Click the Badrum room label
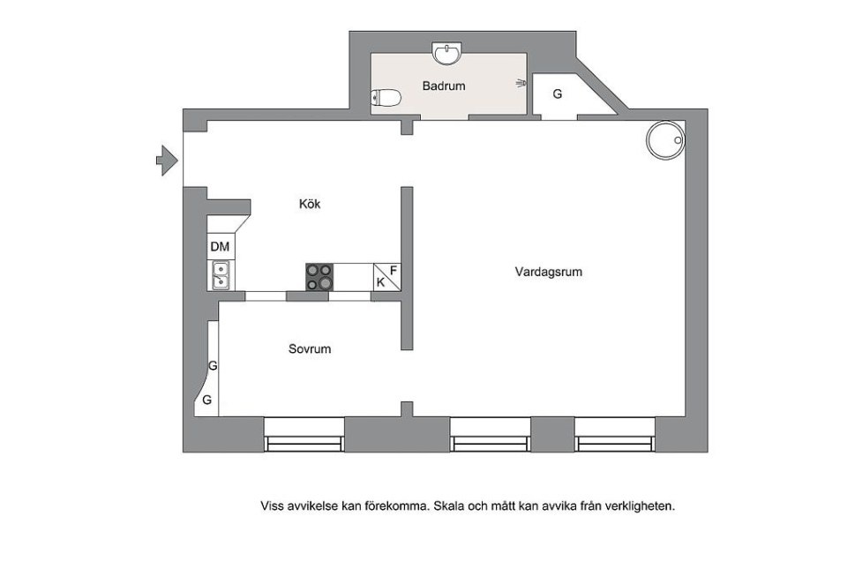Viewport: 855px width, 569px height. pyautogui.click(x=444, y=86)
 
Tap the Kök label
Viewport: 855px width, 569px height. pyautogui.click(x=310, y=204)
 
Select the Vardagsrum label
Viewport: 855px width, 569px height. pyautogui.click(x=549, y=272)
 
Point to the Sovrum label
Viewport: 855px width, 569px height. pyautogui.click(x=310, y=348)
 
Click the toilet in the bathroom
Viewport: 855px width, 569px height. pyautogui.click(x=386, y=98)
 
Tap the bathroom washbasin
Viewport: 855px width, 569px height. pyautogui.click(x=446, y=54)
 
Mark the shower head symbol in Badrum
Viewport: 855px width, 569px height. pyautogui.click(x=521, y=84)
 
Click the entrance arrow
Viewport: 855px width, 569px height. pyautogui.click(x=167, y=161)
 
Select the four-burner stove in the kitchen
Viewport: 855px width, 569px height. pyautogui.click(x=319, y=277)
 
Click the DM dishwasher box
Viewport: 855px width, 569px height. pyautogui.click(x=221, y=246)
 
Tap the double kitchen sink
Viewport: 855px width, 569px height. pyautogui.click(x=221, y=275)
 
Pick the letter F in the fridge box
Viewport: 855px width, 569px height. pyautogui.click(x=394, y=270)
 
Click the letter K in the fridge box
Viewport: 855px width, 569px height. pyautogui.click(x=380, y=282)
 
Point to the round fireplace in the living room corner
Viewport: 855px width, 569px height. pyautogui.click(x=665, y=140)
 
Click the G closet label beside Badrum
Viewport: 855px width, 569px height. pyautogui.click(x=558, y=94)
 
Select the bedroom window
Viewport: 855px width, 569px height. pyautogui.click(x=304, y=435)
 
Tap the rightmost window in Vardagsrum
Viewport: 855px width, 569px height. pyautogui.click(x=615, y=435)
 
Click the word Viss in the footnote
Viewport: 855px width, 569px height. pyautogui.click(x=272, y=506)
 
